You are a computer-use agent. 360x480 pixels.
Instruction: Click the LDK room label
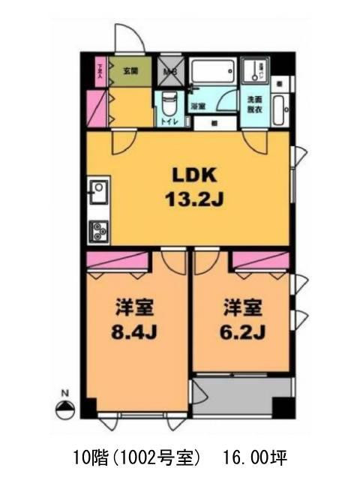194,175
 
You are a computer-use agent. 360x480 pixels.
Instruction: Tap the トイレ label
167,120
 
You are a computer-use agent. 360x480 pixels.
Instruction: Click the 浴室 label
198,107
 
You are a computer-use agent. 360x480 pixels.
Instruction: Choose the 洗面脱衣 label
255,105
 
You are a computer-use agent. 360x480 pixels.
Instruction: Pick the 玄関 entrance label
131,72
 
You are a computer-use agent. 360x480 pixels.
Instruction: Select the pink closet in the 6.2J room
259,259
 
